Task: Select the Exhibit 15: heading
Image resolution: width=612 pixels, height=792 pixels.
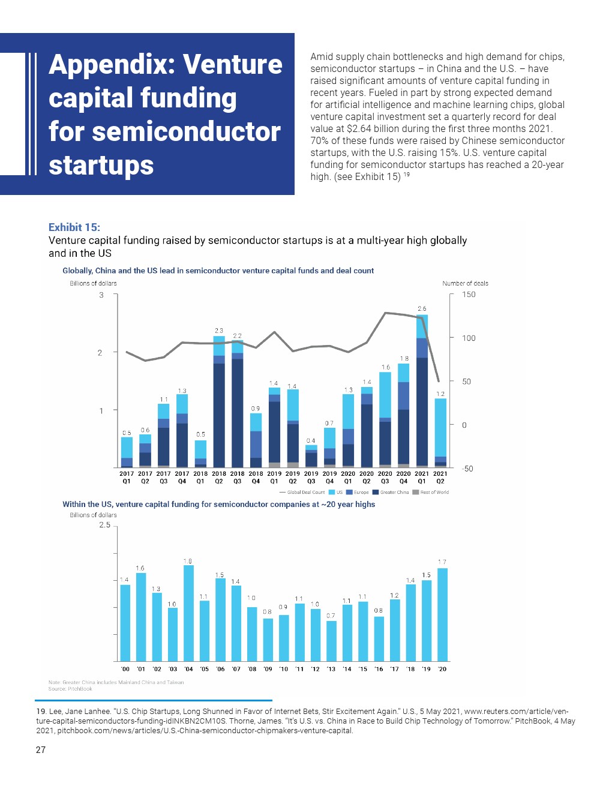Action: [74, 227]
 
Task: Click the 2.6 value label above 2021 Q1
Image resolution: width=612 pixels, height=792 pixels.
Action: [422, 308]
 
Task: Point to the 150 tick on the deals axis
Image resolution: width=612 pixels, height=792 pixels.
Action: [469, 295]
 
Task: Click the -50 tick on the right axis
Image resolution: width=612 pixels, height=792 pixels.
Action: [467, 469]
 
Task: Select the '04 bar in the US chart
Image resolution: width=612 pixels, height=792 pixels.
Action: [188, 612]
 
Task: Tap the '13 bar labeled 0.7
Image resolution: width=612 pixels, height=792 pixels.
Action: [331, 640]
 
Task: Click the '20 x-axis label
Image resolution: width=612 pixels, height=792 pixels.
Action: [442, 669]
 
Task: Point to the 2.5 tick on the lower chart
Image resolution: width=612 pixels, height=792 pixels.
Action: [105, 525]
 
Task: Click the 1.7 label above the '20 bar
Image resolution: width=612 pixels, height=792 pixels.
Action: [442, 562]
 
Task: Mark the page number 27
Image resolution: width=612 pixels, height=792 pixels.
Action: [41, 749]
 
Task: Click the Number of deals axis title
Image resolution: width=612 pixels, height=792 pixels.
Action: [465, 283]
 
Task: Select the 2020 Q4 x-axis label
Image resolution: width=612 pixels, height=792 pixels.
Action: [403, 477]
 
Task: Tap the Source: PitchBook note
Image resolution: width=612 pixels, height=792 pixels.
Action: [70, 689]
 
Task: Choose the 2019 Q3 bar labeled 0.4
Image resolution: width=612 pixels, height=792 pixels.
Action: [311, 456]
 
